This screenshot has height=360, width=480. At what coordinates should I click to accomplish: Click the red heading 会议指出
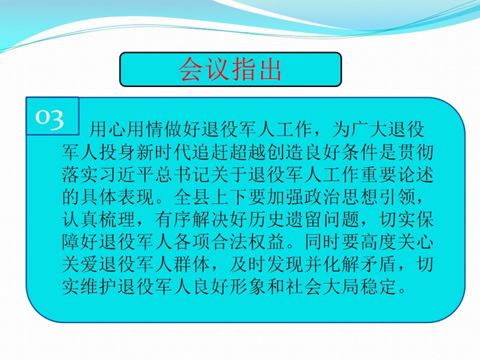(230, 69)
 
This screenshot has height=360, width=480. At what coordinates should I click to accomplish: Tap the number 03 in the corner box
(49, 117)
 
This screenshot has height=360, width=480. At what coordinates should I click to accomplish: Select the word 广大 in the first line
(369, 129)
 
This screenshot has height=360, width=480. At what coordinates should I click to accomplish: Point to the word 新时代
(164, 152)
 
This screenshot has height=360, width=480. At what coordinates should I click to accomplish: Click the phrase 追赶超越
(228, 152)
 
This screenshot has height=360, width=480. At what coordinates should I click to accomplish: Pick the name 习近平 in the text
(127, 174)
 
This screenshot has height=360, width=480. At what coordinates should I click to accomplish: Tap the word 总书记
(182, 174)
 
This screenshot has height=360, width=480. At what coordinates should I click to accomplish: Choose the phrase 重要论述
(396, 174)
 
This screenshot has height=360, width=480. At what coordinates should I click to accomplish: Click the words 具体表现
(117, 197)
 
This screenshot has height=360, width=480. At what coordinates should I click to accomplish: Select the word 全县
(192, 197)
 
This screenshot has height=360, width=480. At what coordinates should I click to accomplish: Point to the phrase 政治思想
(341, 197)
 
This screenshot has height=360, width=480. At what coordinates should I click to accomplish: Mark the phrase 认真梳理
(99, 219)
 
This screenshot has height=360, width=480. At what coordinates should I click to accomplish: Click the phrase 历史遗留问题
(303, 219)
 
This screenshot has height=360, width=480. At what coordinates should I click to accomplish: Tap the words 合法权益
(248, 242)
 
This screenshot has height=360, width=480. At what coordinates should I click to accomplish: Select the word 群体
(192, 265)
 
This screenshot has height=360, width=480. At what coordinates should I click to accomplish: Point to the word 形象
(248, 287)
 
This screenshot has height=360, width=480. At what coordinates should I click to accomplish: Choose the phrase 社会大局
(322, 287)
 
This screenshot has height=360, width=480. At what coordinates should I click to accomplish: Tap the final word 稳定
(377, 287)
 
